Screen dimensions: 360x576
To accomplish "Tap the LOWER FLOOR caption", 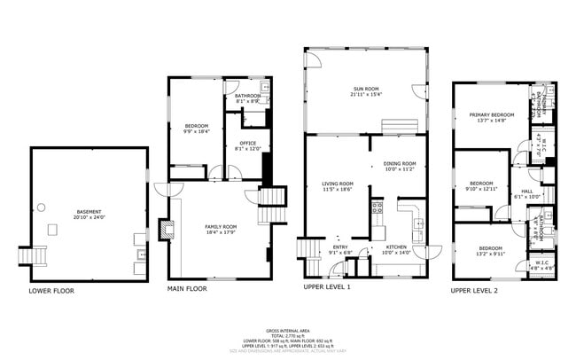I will click(x=51, y=290).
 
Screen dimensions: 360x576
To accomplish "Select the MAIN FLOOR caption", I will click(x=187, y=288).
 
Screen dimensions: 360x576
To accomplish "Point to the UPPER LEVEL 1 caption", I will click(x=326, y=288).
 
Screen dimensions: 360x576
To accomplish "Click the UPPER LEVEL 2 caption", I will click(x=473, y=290).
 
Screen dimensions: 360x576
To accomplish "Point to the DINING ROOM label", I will click(x=400, y=163).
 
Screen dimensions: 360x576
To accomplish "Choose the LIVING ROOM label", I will click(x=338, y=184).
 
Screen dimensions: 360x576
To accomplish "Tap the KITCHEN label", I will click(x=396, y=247).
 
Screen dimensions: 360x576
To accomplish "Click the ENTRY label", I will click(x=340, y=247).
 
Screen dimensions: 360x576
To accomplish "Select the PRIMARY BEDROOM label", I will click(x=492, y=116).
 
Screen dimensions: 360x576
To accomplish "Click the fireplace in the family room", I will click(x=167, y=230).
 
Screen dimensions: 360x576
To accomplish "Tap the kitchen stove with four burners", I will click(x=377, y=209).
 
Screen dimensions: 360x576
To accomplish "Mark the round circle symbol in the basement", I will click(x=40, y=209).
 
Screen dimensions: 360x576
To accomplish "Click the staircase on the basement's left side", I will click(x=36, y=255).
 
